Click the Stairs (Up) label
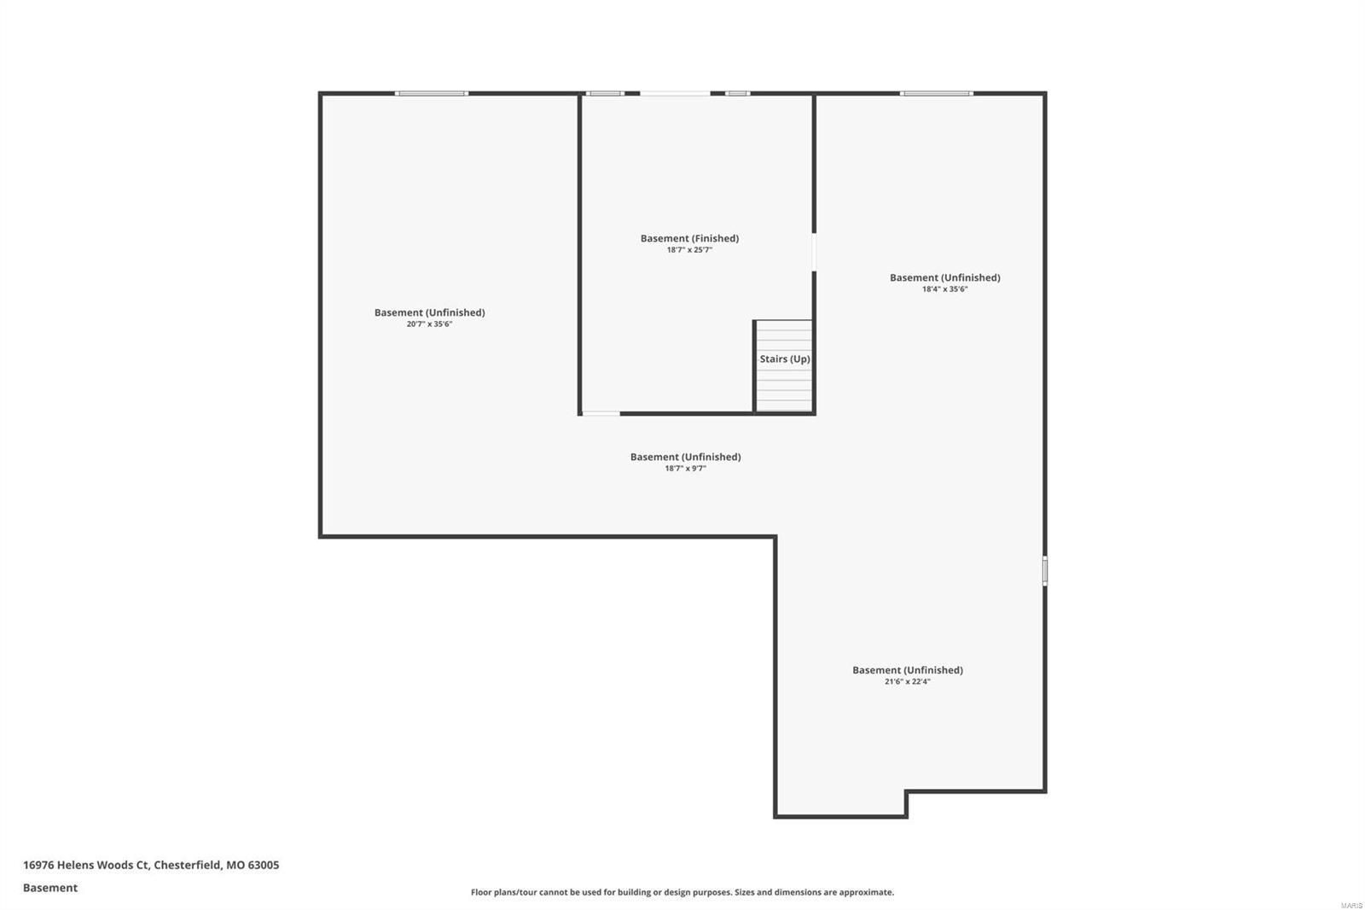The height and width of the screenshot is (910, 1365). (785, 359)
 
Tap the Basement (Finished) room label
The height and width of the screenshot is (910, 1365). (689, 238)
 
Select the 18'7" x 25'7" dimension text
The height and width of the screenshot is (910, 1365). (689, 250)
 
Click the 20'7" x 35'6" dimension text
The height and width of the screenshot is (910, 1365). (429, 324)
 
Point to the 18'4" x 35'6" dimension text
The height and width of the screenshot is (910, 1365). (944, 289)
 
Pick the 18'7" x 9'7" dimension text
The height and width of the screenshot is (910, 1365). (685, 469)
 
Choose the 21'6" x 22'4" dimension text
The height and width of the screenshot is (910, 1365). (907, 682)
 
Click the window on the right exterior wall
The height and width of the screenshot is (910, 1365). (1045, 571)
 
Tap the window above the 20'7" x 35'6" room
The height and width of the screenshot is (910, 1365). (432, 93)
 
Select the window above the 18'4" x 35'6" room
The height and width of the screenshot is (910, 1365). (936, 93)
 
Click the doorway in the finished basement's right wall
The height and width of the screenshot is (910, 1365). (814, 253)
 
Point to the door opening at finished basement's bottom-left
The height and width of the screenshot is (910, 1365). (601, 414)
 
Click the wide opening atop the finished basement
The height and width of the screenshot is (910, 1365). (675, 93)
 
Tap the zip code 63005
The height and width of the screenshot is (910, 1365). (264, 865)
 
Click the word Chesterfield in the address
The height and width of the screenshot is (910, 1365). (187, 865)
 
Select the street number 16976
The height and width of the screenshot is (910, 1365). (38, 865)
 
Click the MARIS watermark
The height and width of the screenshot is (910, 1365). (1351, 905)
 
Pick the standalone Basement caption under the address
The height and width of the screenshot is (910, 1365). (50, 888)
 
